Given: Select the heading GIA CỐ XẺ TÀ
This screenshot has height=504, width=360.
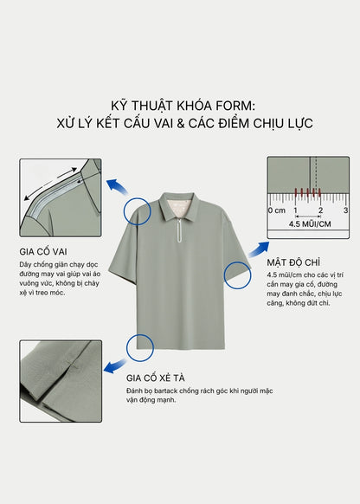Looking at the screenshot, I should point(165,378).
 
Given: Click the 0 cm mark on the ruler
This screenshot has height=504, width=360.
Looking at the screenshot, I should point(276,210).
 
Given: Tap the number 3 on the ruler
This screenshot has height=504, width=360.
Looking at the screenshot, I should point(344,210).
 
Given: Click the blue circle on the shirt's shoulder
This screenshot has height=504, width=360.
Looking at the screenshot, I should point(137,210).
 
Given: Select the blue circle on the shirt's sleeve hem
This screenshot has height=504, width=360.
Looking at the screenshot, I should point(236,275).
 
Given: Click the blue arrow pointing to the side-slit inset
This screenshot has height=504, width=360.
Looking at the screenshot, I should point(112,367).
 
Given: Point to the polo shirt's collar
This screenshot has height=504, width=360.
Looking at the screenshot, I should point(180,206).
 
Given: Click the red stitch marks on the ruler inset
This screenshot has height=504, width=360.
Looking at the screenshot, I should point(306,194).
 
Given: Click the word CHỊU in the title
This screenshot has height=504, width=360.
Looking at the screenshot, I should point(266,123).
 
